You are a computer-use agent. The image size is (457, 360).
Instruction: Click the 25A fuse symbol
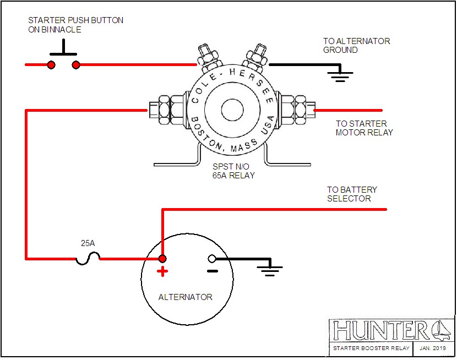tap(88, 259)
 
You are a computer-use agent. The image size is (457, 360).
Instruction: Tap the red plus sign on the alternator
tap(162, 271)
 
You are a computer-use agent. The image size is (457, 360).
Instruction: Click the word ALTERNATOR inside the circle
tap(185, 297)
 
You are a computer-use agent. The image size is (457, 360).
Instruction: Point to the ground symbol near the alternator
tap(270, 270)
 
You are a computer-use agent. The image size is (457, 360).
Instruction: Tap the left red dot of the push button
tap(51, 65)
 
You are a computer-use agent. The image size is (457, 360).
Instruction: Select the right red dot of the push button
tap(76, 65)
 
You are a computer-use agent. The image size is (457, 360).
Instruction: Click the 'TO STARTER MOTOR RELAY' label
tap(364, 128)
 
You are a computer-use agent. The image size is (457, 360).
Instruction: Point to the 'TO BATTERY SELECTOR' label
tap(352, 194)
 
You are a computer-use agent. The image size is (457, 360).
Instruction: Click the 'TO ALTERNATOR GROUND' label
tap(356, 45)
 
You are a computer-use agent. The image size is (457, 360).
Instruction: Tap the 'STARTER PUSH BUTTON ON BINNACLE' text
tap(75, 25)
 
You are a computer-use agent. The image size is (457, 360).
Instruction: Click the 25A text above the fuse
tap(88, 243)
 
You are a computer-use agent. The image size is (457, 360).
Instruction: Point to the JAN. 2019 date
tap(432, 348)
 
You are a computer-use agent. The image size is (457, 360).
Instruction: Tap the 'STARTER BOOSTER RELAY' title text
tap(371, 348)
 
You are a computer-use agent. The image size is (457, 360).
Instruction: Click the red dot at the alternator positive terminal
tap(162, 258)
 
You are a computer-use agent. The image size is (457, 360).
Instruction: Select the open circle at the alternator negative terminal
tap(211, 258)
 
